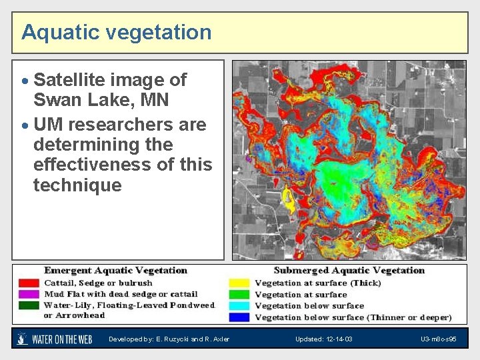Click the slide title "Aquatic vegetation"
click(x=116, y=32)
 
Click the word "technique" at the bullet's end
click(x=77, y=185)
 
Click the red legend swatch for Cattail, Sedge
click(x=28, y=283)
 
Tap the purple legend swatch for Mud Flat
click(x=28, y=294)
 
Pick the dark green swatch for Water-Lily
click(x=28, y=305)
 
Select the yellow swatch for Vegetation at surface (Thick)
click(x=238, y=283)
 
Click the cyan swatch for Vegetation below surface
click(x=238, y=305)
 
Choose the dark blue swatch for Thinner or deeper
click(x=238, y=317)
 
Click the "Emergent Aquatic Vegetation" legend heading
click(x=115, y=271)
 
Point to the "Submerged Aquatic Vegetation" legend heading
click(x=349, y=271)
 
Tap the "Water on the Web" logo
click(x=55, y=339)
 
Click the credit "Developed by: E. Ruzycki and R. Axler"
click(x=169, y=339)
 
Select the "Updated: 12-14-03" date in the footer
click(x=324, y=339)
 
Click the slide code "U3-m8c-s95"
click(x=438, y=339)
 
